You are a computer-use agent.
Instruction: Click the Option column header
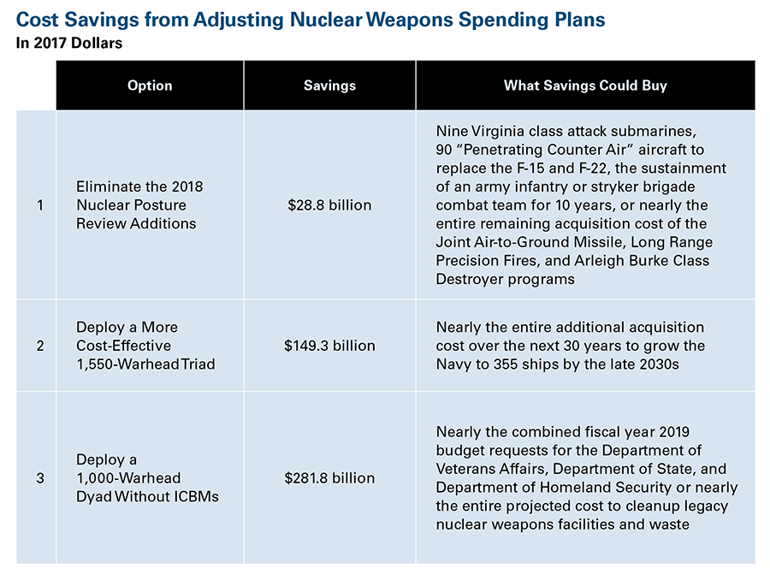pos(150,86)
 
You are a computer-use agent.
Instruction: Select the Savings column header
pos(329,86)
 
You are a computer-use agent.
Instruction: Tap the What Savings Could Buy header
pos(585,86)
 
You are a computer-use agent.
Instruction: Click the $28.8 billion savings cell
pos(329,204)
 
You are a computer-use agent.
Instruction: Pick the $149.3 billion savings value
pos(329,346)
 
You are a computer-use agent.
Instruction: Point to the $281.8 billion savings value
pos(329,478)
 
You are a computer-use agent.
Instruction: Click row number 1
pos(40,204)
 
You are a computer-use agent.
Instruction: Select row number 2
pos(40,346)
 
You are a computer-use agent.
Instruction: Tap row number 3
pos(40,478)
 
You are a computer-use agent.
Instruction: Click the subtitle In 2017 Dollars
pos(69,44)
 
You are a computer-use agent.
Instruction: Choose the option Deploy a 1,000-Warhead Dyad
pos(147,478)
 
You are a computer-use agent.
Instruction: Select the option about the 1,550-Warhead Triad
pos(145,346)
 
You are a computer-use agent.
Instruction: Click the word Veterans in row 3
pos(465,469)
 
